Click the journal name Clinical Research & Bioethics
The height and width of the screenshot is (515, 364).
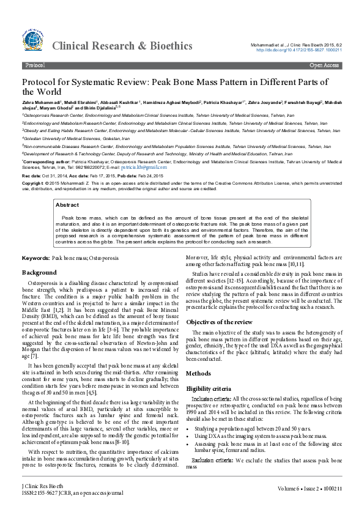coord(122,45)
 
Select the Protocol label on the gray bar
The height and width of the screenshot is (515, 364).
coord(35,64)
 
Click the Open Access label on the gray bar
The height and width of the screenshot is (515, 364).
coord(324,64)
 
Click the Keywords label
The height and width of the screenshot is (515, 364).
coord(36,259)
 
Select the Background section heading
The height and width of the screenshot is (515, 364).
coord(40,272)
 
